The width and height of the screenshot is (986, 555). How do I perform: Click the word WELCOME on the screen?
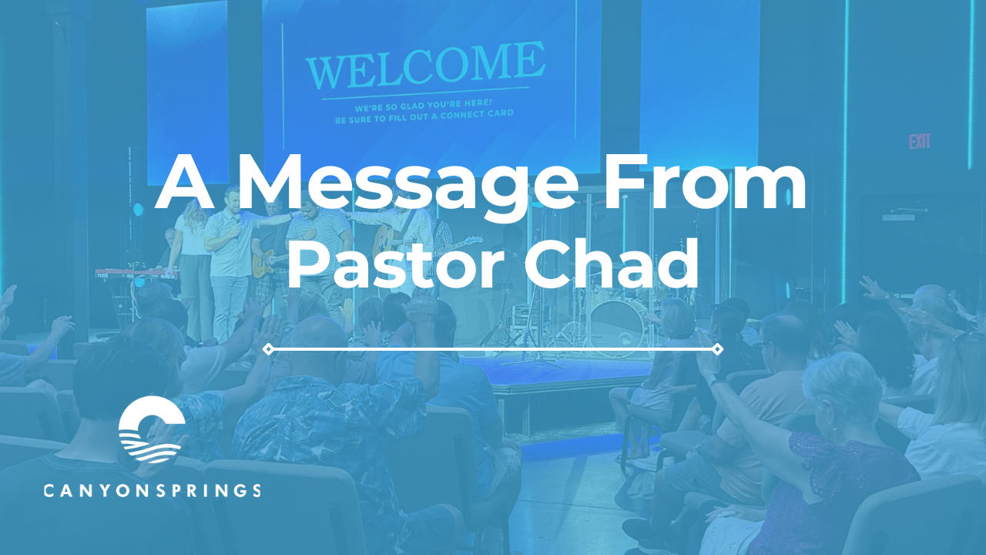click(x=426, y=66)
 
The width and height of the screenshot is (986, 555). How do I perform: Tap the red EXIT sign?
click(x=920, y=142)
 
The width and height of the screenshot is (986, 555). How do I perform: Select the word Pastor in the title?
click(x=395, y=264)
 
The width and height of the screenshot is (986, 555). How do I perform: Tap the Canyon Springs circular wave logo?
click(x=152, y=429)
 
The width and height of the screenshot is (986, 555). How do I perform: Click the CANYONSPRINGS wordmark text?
click(x=153, y=490)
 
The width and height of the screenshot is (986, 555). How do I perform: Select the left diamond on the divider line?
click(x=267, y=349)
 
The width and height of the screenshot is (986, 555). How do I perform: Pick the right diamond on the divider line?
click(x=717, y=349)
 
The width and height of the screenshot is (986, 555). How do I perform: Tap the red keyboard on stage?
click(x=136, y=274)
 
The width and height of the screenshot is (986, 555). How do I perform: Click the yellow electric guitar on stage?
click(x=264, y=264)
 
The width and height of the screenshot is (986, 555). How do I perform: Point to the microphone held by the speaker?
click(x=238, y=224)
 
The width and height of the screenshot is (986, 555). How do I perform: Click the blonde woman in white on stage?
click(x=193, y=264)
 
